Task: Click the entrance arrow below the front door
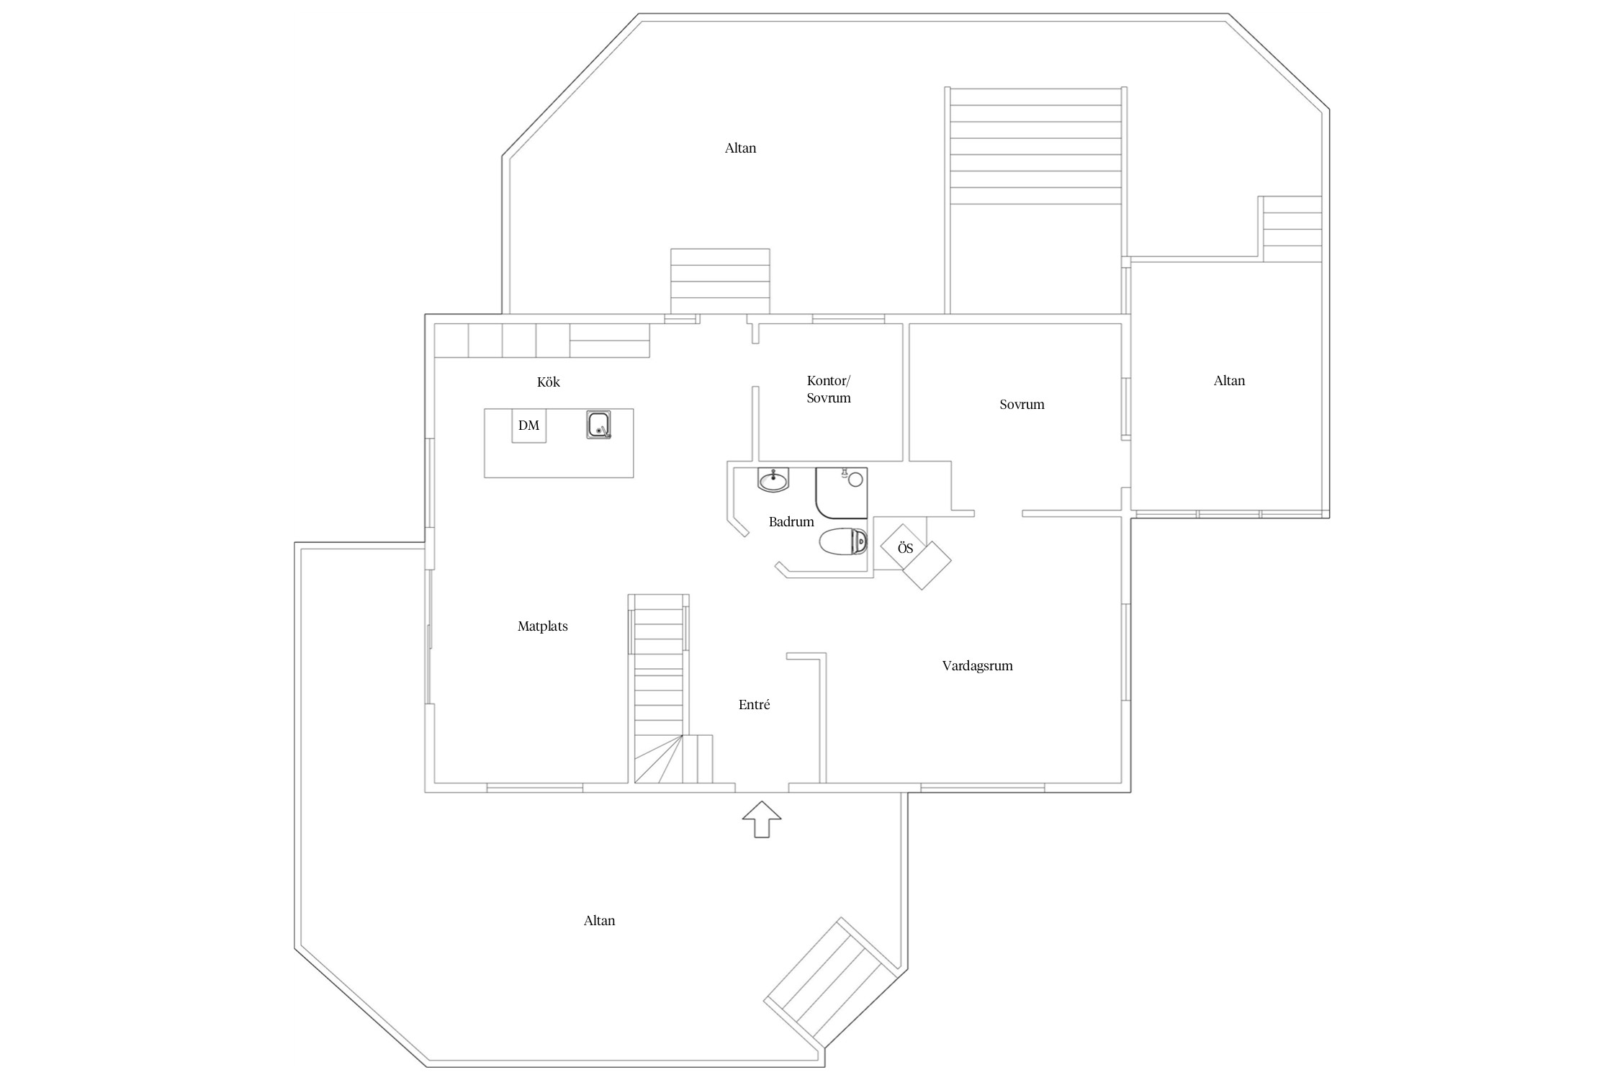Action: click(x=761, y=819)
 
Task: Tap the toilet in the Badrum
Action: click(x=843, y=541)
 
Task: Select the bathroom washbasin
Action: click(x=773, y=480)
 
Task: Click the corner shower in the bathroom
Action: click(x=841, y=493)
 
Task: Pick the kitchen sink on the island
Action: click(x=598, y=425)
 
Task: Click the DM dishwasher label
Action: click(x=528, y=426)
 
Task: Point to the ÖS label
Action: click(x=905, y=548)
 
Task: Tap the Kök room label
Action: click(x=549, y=382)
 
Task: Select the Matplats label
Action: click(x=542, y=626)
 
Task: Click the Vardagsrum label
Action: click(x=977, y=666)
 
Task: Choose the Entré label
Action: click(x=754, y=705)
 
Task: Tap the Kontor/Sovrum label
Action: click(x=829, y=389)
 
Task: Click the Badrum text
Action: click(x=791, y=522)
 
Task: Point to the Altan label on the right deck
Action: click(x=1229, y=381)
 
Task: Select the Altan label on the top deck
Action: click(x=740, y=148)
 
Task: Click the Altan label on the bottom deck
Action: click(x=599, y=921)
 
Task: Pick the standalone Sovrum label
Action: click(x=1022, y=405)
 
